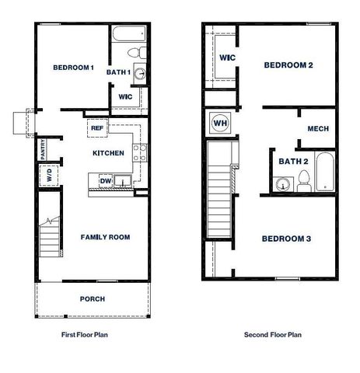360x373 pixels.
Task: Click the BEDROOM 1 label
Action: point(74,68)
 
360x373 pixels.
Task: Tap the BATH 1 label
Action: point(117,72)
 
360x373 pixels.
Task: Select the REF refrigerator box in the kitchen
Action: point(97,128)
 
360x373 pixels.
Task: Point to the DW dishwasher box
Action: point(105,181)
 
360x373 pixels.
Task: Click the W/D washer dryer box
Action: point(49,176)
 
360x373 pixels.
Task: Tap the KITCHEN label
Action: point(108,153)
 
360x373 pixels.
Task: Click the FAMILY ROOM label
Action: point(105,237)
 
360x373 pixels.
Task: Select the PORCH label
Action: point(93,298)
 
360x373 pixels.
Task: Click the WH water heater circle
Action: point(219,123)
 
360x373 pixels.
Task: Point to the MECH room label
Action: point(318,129)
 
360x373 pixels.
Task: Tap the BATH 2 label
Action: point(294,162)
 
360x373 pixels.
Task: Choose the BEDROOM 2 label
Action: point(288,65)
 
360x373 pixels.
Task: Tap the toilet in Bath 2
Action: point(303,183)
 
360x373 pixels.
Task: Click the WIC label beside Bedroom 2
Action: point(228,58)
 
